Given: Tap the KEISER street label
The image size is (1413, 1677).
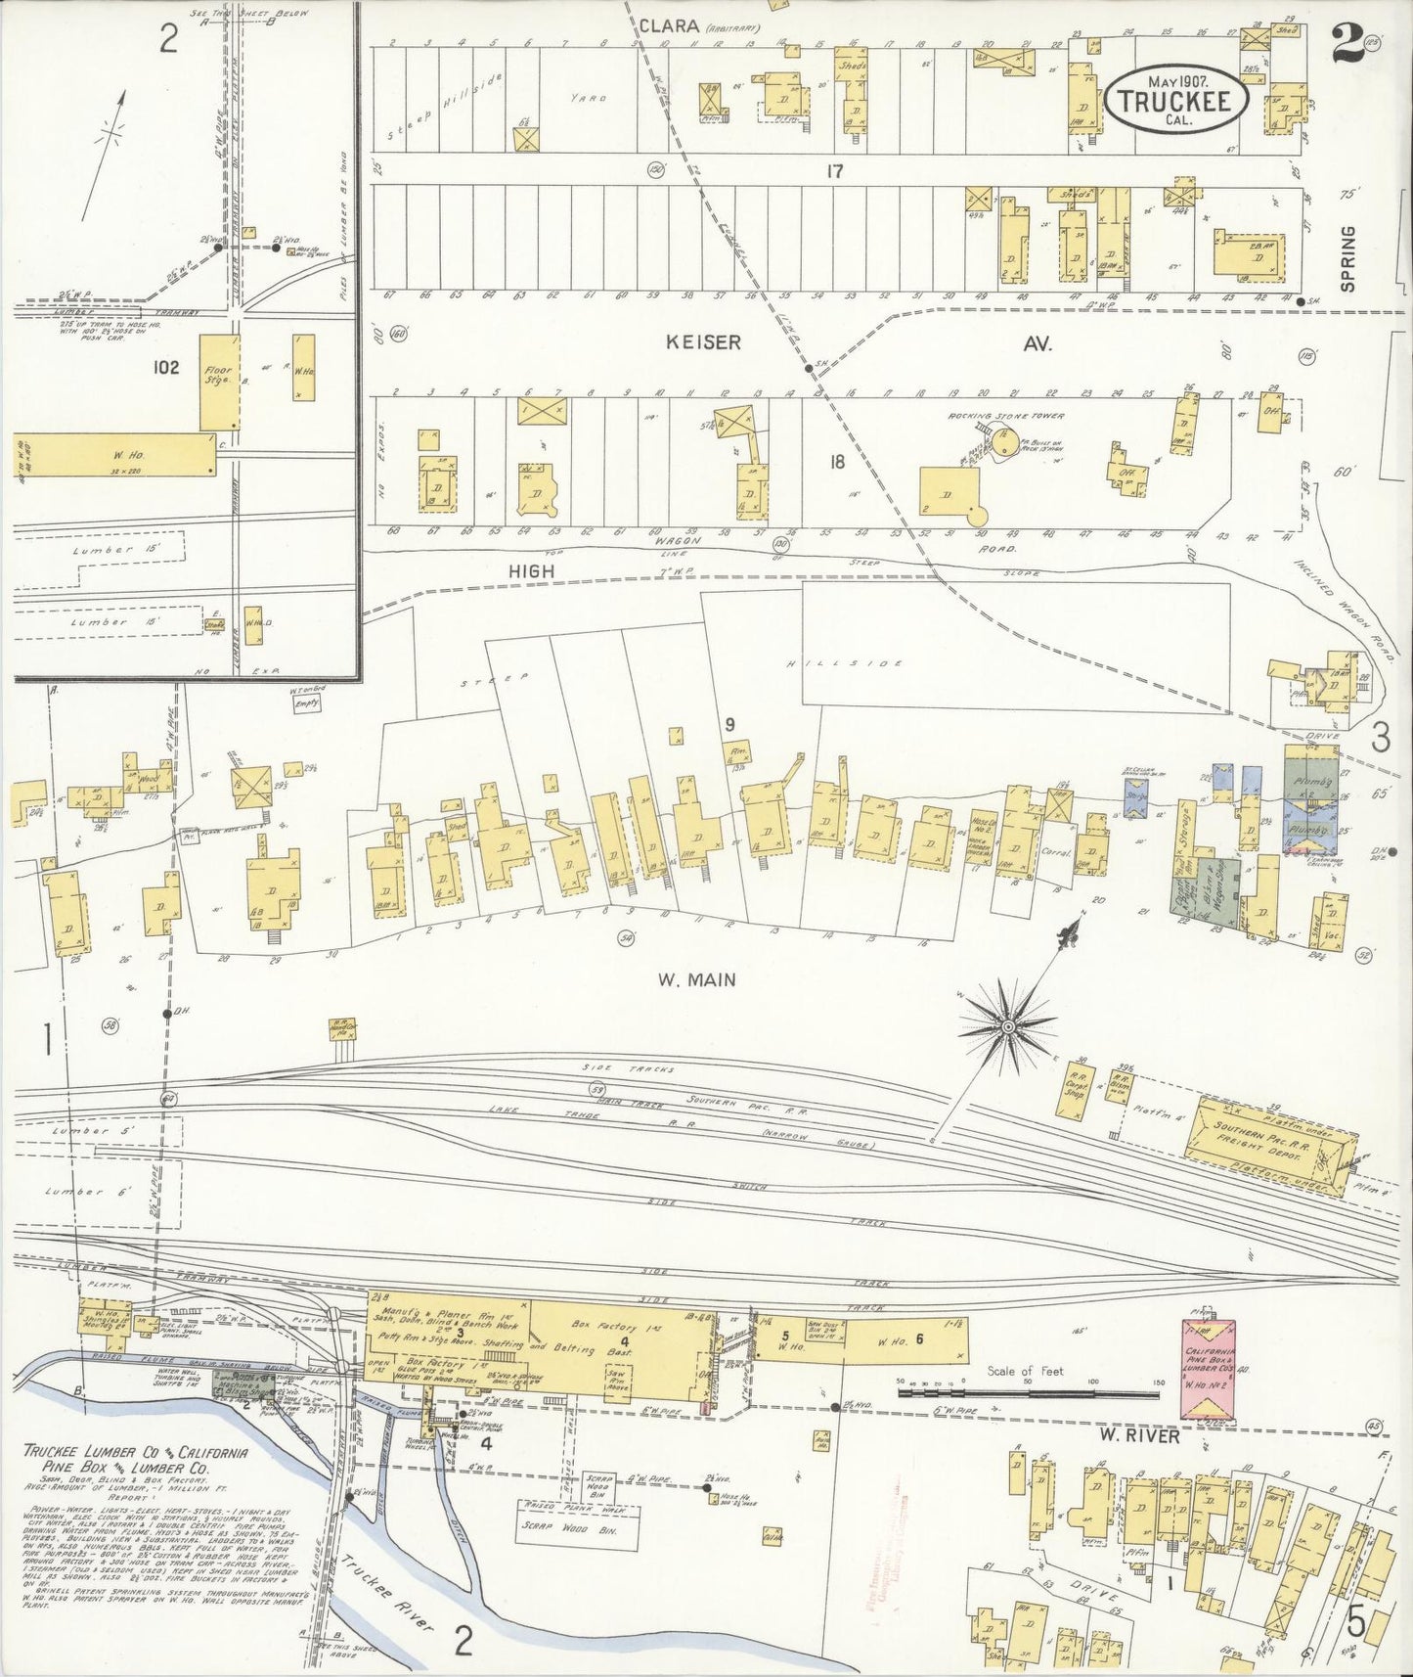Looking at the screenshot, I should [703, 342].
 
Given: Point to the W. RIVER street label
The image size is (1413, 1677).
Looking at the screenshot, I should [1138, 1436].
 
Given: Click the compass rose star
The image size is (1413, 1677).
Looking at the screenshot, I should [1007, 1025].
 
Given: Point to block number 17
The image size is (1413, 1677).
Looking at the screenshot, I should [834, 171].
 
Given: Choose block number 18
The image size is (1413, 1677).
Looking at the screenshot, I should [836, 462].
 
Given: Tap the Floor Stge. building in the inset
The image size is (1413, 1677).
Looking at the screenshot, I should [217, 382].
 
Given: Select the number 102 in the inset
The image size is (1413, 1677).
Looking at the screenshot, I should [166, 368].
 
